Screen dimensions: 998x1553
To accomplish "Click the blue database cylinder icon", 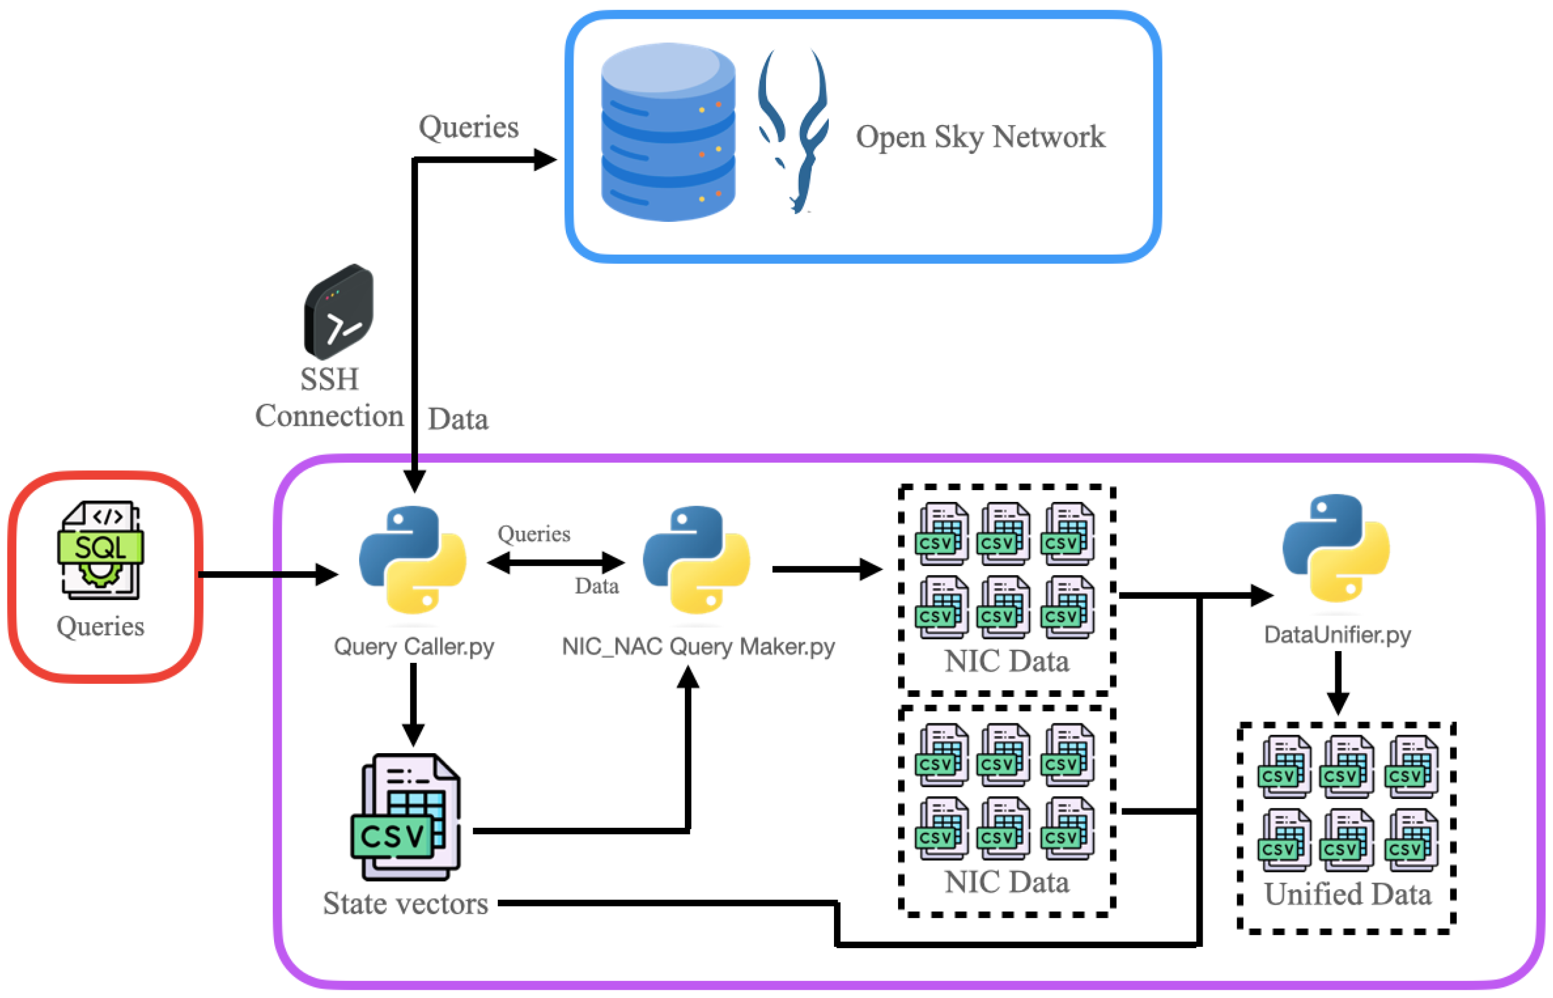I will (667, 132).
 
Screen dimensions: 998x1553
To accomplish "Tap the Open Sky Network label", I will (980, 137).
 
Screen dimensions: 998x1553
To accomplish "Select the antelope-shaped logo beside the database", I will (793, 130).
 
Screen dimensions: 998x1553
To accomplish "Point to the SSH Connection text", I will (329, 397).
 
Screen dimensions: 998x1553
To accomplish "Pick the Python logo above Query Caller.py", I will (413, 559).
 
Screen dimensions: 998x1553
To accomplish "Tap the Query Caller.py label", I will (413, 646).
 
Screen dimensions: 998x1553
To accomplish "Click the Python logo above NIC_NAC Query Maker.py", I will (697, 559).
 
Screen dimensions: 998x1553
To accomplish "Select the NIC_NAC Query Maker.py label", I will (698, 646).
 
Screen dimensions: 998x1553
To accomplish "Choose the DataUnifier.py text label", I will (1336, 635).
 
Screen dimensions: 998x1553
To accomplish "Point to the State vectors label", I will (406, 903).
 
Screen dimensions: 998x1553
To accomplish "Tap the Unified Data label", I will (1348, 894).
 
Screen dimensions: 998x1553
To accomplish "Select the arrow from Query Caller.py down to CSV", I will (413, 704).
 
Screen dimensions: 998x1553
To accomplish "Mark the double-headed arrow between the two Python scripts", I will (555, 562).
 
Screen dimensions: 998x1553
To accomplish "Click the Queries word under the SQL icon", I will (100, 626).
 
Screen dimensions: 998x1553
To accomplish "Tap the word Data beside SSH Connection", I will (458, 419).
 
